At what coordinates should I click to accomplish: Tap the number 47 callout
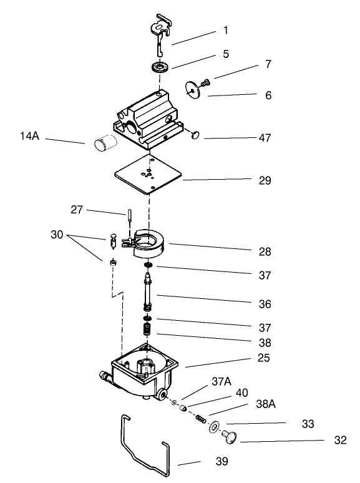coord(265,138)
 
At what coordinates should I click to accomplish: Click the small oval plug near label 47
coord(194,134)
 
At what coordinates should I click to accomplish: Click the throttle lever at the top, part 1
coord(160,31)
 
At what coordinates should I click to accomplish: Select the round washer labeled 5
coord(160,67)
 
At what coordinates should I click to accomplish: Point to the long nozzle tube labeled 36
coord(148,293)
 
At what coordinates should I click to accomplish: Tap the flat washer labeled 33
coord(214,427)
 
